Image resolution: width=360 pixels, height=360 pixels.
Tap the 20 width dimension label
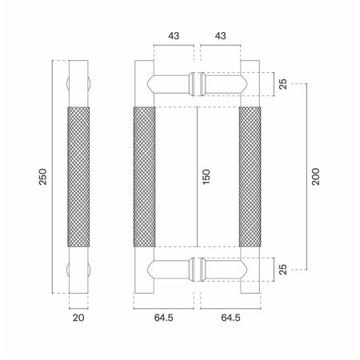78,318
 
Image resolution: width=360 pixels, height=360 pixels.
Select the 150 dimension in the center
207,176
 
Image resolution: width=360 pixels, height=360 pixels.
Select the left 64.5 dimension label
164,318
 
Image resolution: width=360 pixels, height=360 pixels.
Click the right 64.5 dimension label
230,318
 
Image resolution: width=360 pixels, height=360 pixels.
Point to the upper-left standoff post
167,82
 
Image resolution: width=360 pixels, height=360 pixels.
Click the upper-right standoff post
225,82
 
